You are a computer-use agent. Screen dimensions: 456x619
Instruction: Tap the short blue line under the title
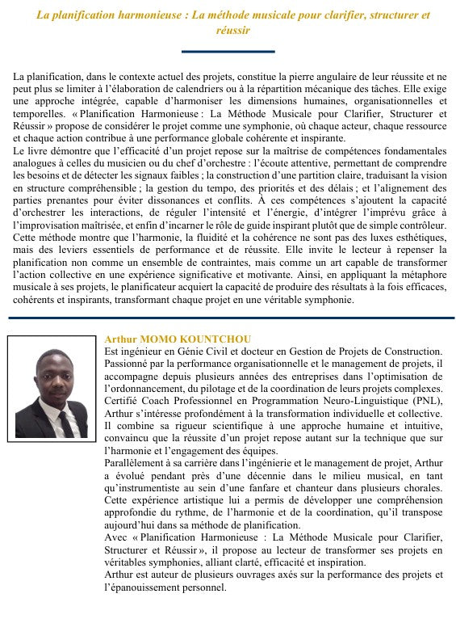pyautogui.click(x=228, y=52)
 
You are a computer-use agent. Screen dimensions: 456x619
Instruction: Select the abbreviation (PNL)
pyautogui.click(x=425, y=401)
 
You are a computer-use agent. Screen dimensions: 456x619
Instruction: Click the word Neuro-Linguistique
pyautogui.click(x=360, y=401)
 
